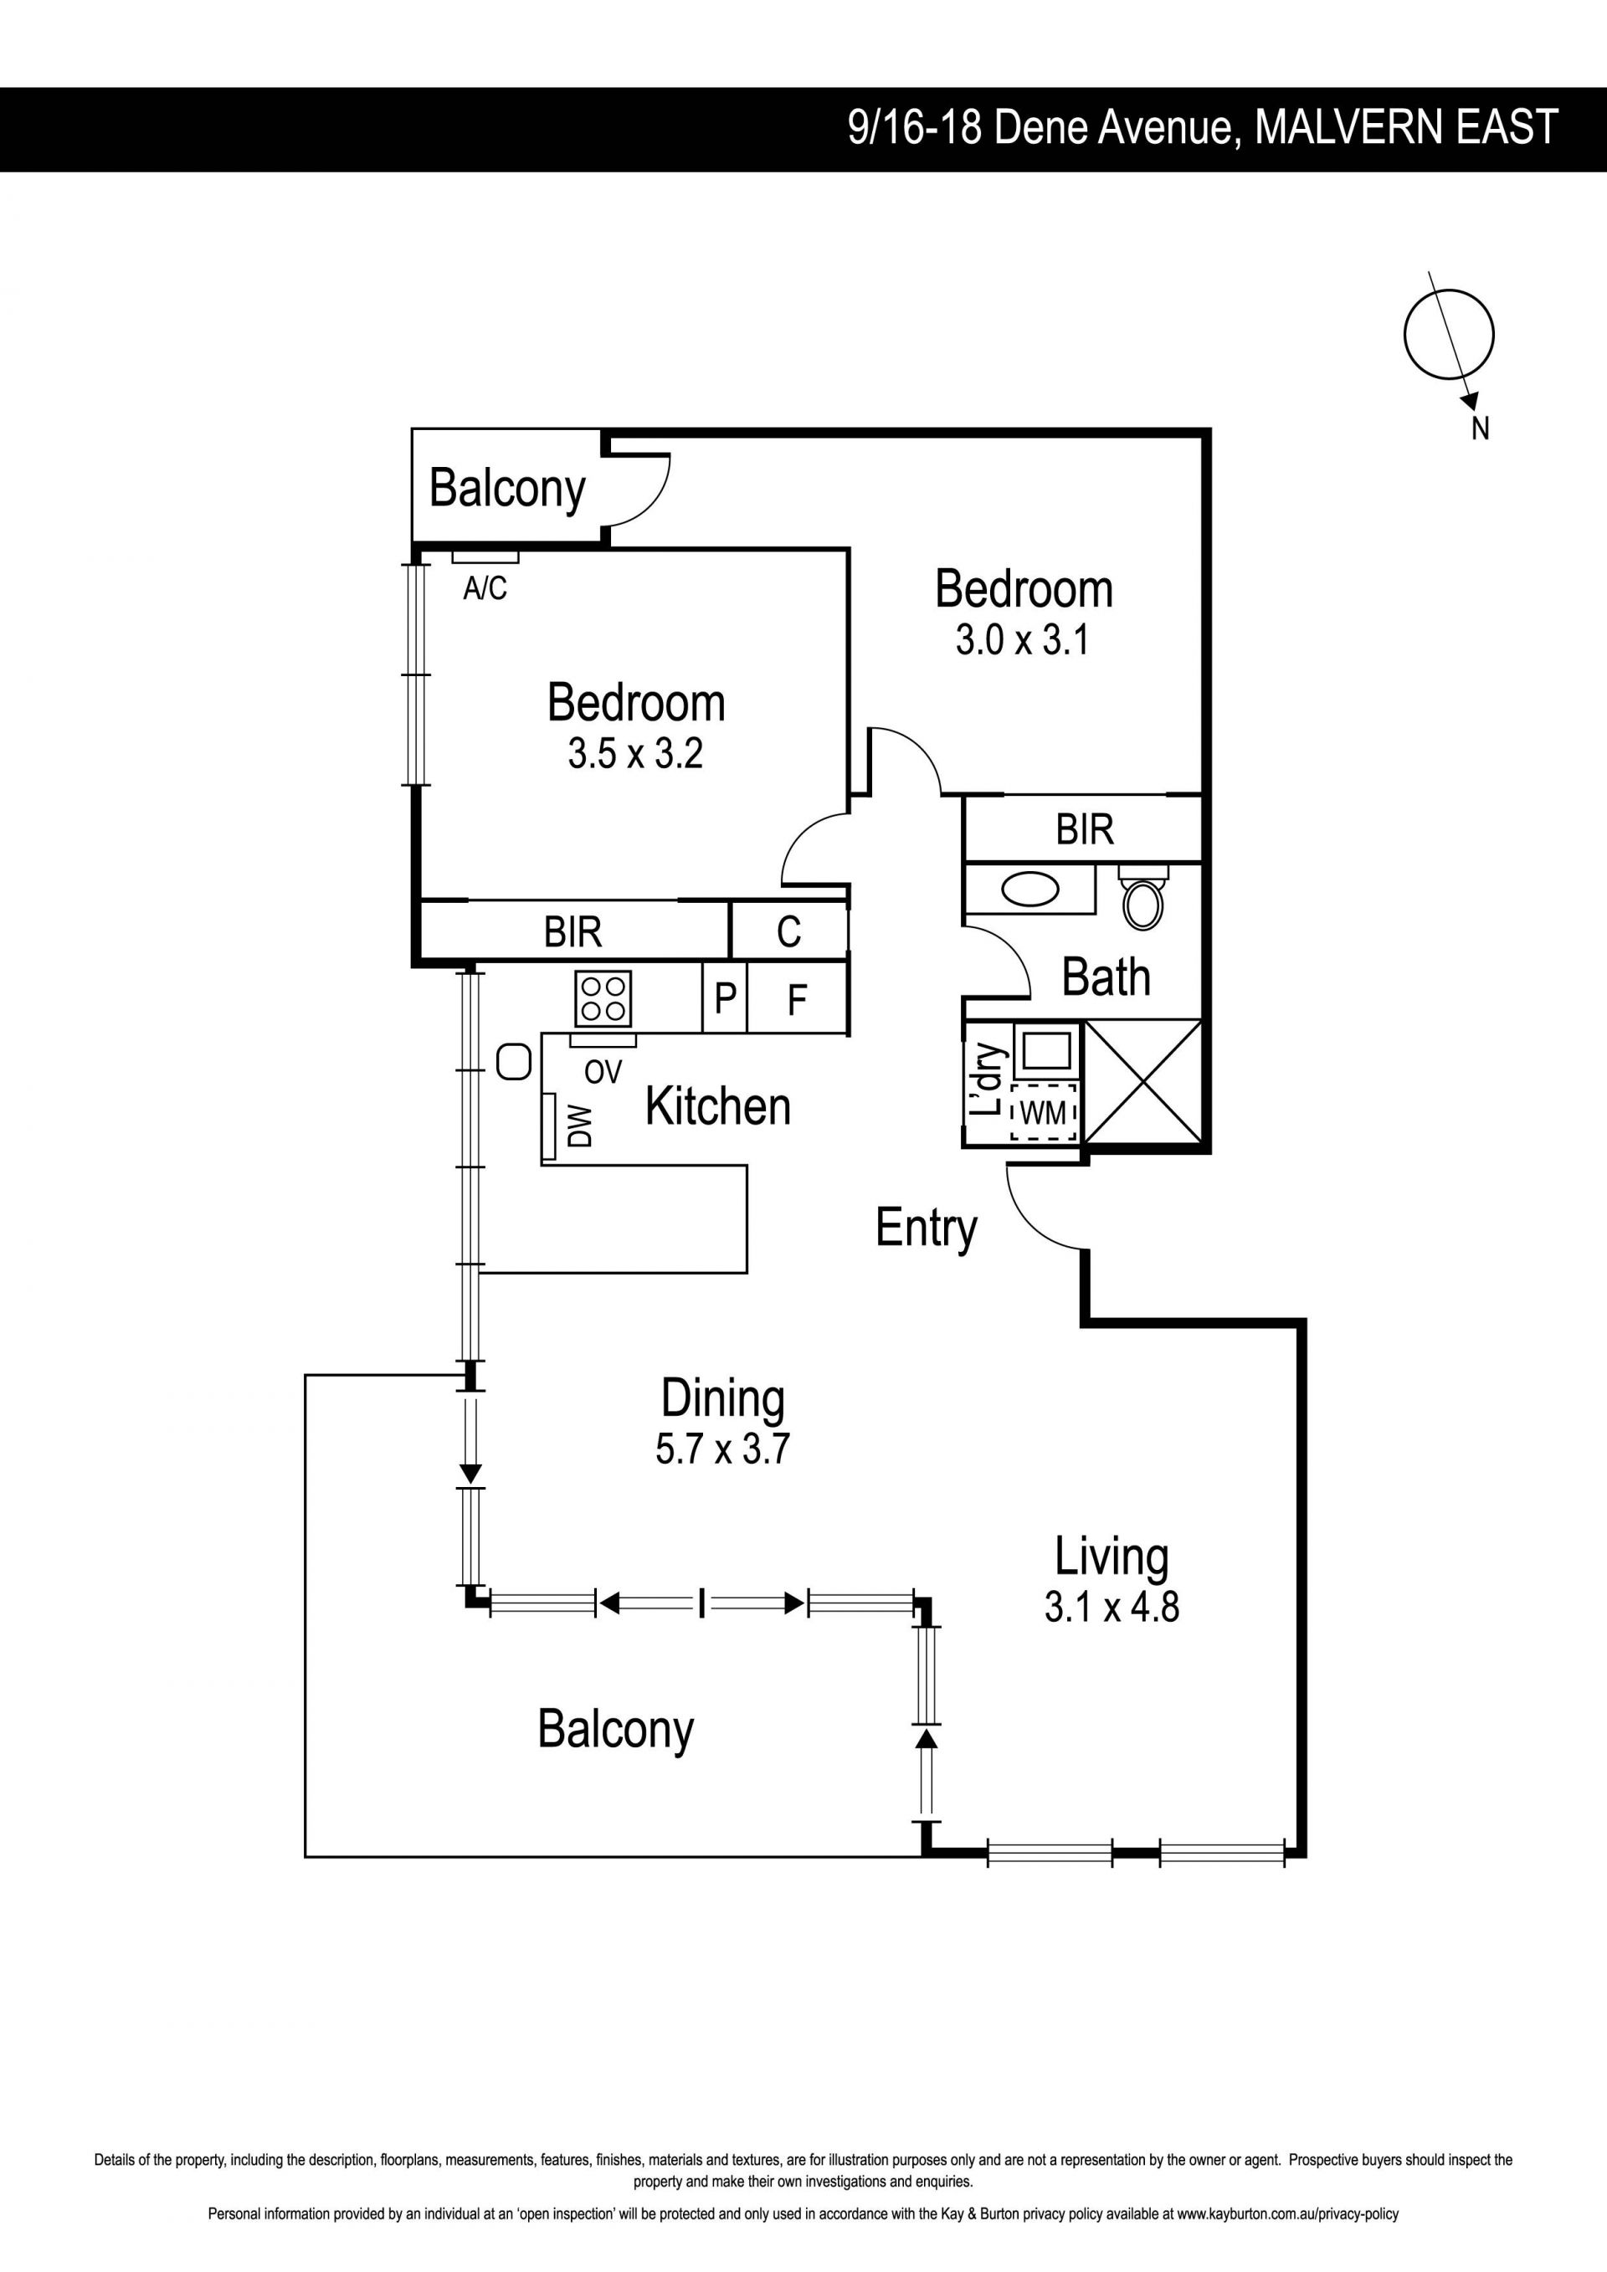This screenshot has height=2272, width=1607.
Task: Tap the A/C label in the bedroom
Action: (x=485, y=589)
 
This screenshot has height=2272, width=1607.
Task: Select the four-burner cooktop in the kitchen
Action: (x=603, y=998)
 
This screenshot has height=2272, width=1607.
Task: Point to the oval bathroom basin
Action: (x=1030, y=889)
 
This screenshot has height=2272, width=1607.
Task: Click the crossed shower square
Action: (x=1143, y=1083)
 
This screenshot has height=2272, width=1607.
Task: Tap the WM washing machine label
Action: (x=1043, y=1113)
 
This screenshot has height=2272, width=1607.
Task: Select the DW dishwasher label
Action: (x=581, y=1126)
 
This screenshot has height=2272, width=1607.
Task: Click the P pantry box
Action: (x=724, y=998)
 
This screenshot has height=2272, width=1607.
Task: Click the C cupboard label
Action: (x=788, y=931)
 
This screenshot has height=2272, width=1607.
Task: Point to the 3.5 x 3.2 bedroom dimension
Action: (x=635, y=753)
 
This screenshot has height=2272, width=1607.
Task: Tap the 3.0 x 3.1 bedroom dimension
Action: (x=1022, y=639)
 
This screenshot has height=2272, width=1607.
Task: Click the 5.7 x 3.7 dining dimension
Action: (x=722, y=1448)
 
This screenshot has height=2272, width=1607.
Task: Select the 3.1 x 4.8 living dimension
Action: (x=1112, y=1606)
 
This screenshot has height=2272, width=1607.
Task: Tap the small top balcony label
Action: (x=508, y=490)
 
